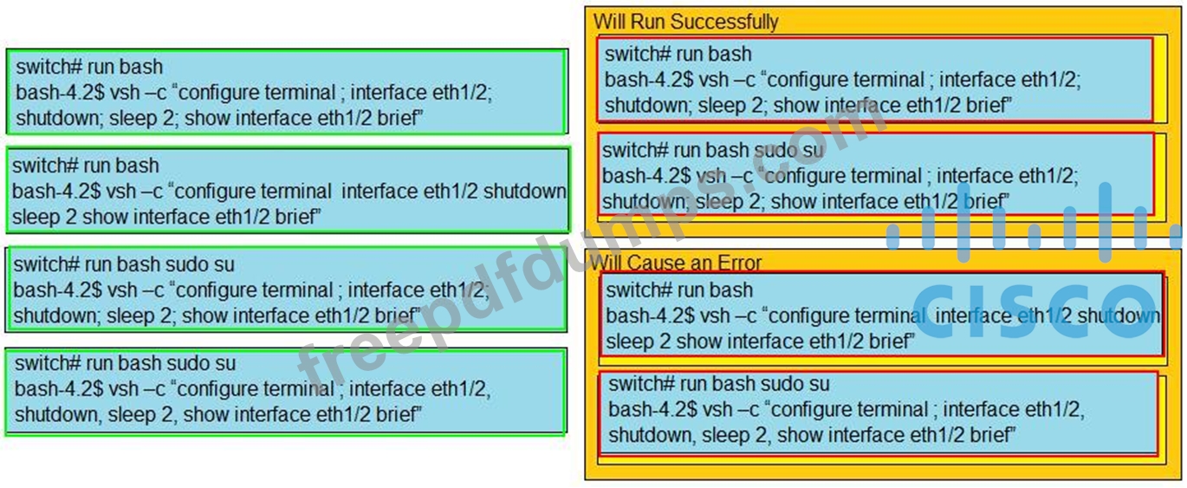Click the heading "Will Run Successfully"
coord(685,22)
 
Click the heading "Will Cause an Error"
coord(676,263)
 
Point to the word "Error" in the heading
coord(739,263)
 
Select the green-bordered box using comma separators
coord(286,391)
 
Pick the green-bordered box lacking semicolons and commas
coord(288,191)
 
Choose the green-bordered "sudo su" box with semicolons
coord(286,290)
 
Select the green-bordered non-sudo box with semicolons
coord(287,92)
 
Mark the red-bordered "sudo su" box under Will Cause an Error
coord(879,413)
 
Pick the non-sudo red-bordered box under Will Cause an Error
coord(882,315)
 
